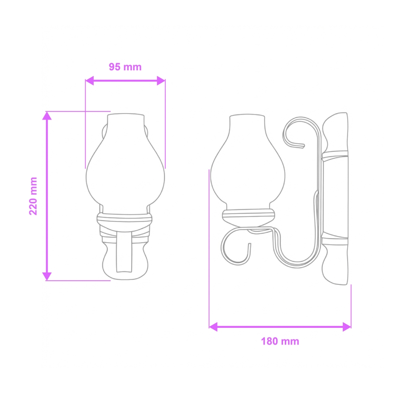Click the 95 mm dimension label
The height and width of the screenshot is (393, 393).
point(125,67)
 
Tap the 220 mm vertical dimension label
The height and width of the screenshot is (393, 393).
point(33,196)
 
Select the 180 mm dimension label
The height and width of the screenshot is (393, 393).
point(280,341)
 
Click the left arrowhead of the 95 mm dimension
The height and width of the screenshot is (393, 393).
point(89,81)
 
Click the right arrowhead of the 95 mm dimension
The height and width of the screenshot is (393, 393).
point(161,81)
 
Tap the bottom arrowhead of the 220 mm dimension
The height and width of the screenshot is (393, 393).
point(46,276)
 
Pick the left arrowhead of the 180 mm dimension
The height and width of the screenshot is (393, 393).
point(213,326)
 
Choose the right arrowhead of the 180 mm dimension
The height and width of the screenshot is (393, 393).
point(347,326)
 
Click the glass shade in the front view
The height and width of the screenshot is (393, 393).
point(125,168)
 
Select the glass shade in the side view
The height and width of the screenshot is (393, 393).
point(248,168)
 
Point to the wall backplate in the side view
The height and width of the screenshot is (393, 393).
point(336,195)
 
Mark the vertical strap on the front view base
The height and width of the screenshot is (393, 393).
point(125,254)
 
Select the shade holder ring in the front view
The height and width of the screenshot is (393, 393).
point(125,220)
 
